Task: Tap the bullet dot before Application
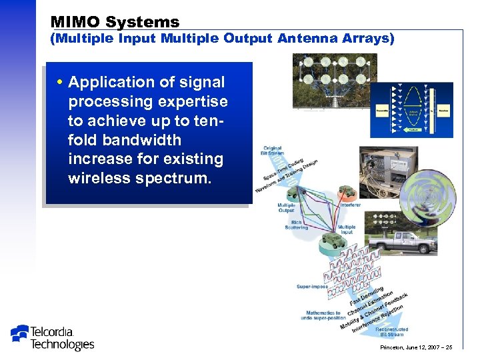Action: [61, 83]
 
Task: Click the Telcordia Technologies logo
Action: [53, 337]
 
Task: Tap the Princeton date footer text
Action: [417, 347]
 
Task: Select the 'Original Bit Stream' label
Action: [273, 151]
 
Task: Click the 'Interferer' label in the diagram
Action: [351, 205]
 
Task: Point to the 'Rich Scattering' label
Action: [296, 225]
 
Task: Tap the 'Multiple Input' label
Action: [346, 230]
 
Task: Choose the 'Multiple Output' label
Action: [287, 208]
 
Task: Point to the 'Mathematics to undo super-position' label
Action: [323, 315]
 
